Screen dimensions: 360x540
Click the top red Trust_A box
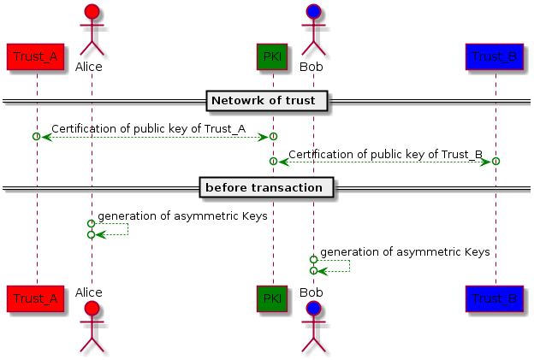point(35,56)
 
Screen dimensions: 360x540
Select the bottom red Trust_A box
point(35,298)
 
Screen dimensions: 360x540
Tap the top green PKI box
point(272,56)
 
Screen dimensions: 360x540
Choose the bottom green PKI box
point(272,298)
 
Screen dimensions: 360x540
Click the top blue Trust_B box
point(495,56)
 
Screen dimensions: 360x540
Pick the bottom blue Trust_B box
point(495,298)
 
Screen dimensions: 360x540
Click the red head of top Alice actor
point(90,13)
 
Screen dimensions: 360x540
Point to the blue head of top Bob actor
point(313,13)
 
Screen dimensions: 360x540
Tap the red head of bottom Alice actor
point(90,308)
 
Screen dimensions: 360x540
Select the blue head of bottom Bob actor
point(313,308)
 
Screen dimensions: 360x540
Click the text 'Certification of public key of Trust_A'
point(147,129)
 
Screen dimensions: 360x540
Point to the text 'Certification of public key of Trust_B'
point(385,155)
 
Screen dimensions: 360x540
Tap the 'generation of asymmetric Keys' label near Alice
point(181,216)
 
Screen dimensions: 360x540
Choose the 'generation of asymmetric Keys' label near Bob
point(404,252)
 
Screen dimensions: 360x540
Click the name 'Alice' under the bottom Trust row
point(88,292)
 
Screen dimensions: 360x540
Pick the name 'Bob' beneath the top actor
point(312,66)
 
